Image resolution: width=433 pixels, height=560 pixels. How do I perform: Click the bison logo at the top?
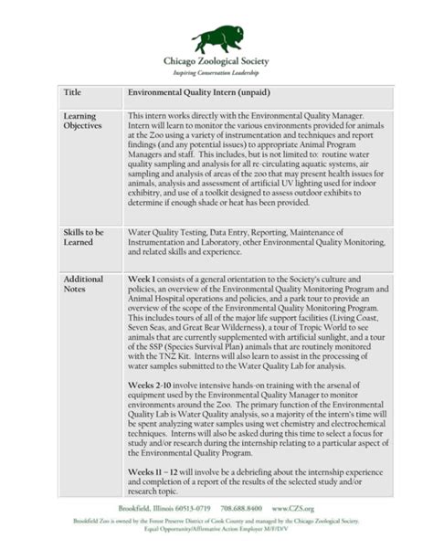pyautogui.click(x=217, y=38)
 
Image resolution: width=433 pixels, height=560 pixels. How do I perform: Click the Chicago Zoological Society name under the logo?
pyautogui.click(x=216, y=61)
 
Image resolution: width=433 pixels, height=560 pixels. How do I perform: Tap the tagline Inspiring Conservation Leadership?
pyautogui.click(x=216, y=72)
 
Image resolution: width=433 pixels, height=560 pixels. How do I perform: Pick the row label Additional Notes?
pyautogui.click(x=83, y=284)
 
